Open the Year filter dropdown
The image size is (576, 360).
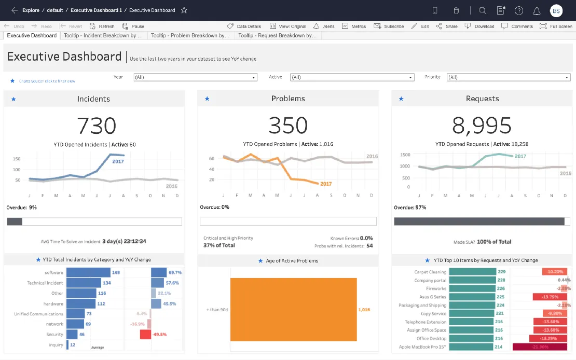(x=195, y=77)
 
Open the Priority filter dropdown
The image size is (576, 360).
(x=508, y=77)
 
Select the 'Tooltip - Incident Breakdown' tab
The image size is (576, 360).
(x=103, y=36)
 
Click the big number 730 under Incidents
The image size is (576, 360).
(x=97, y=126)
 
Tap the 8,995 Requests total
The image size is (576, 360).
(x=482, y=126)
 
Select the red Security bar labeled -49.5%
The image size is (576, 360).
(x=145, y=335)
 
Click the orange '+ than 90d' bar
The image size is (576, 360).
(x=293, y=310)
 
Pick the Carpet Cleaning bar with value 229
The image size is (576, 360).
(x=472, y=272)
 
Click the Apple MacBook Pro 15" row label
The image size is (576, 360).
(x=422, y=347)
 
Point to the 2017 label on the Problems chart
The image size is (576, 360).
(x=326, y=184)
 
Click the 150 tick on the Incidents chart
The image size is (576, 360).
(x=17, y=159)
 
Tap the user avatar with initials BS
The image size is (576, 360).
(x=556, y=10)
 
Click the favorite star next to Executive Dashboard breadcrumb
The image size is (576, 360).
(x=184, y=10)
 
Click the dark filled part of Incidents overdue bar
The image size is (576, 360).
(x=15, y=221)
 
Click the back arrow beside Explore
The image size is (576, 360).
(x=15, y=10)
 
